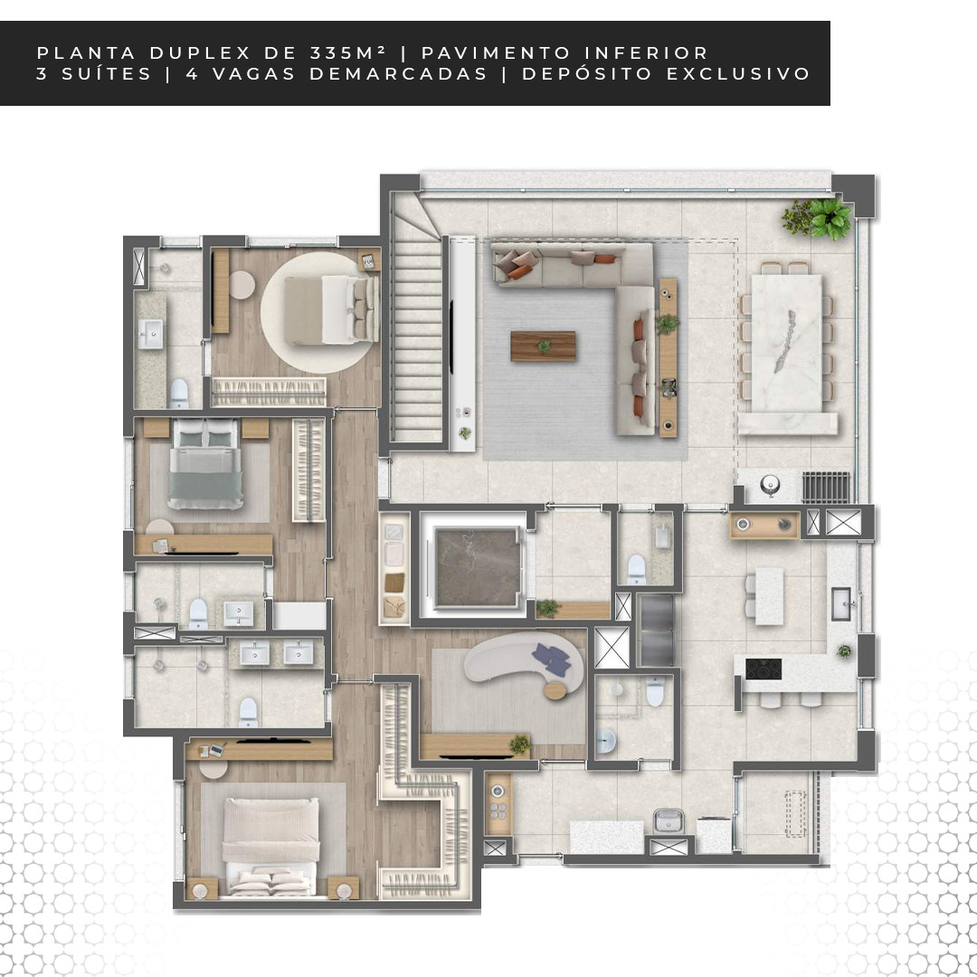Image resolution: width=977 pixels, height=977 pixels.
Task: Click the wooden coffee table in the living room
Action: (544, 346)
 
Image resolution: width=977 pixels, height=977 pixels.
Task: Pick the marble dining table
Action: (786, 342)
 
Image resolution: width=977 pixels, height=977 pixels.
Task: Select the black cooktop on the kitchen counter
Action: (764, 669)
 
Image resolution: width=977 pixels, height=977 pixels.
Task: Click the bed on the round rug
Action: (331, 309)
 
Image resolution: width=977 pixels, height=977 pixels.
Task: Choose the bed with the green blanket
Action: (205, 463)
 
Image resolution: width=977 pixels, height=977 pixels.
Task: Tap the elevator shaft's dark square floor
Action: (477, 566)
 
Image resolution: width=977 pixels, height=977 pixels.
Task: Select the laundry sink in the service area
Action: (668, 820)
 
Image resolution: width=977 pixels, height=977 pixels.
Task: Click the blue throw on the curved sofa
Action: (552, 658)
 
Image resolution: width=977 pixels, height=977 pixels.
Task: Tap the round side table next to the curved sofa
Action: (556, 690)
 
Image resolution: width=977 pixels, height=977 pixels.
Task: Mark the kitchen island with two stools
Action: (770, 596)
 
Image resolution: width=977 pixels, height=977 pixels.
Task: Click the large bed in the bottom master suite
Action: (270, 846)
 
